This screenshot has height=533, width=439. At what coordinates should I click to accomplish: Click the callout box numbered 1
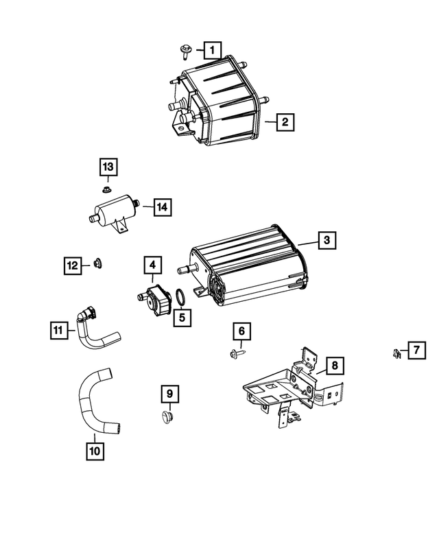[x=213, y=49]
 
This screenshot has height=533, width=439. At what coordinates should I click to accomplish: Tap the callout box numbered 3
[x=327, y=240]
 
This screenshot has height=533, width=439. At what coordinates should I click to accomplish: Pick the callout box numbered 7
[x=416, y=351]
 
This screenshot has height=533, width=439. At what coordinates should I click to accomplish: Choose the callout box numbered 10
[x=95, y=451]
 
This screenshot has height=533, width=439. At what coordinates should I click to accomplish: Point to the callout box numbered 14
[x=161, y=206]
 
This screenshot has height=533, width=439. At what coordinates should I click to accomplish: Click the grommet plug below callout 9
[x=167, y=416]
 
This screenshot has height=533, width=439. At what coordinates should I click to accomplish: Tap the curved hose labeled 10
[x=95, y=405]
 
